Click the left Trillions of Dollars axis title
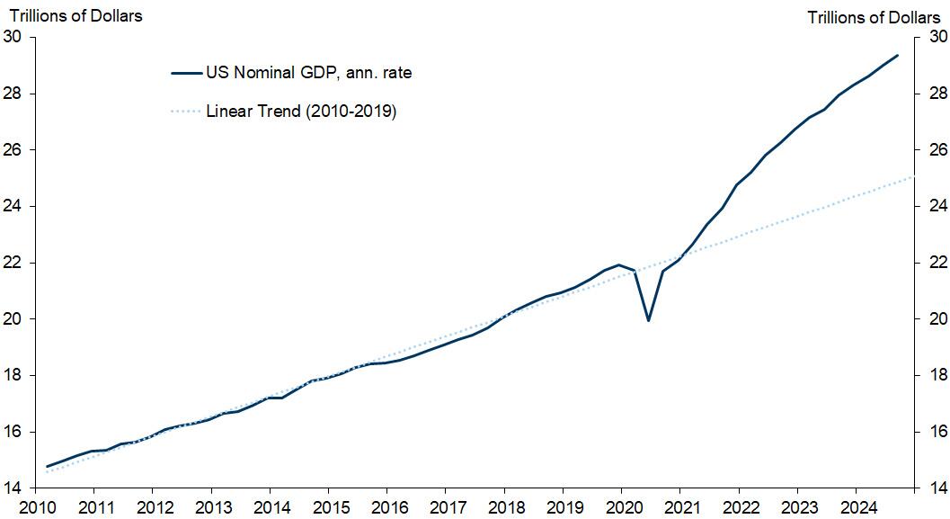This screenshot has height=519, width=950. click(75, 15)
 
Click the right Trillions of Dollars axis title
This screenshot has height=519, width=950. click(874, 17)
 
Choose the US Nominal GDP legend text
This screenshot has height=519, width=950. click(309, 73)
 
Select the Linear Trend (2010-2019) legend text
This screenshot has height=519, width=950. click(301, 112)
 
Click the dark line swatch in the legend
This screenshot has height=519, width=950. click(186, 73)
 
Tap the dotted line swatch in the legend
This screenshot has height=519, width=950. click(186, 112)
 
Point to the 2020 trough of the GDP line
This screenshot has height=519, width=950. click(649, 320)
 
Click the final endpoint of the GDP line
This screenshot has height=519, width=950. click(897, 56)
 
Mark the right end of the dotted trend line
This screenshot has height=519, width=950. click(913, 177)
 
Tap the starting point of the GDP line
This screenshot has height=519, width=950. click(47, 466)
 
